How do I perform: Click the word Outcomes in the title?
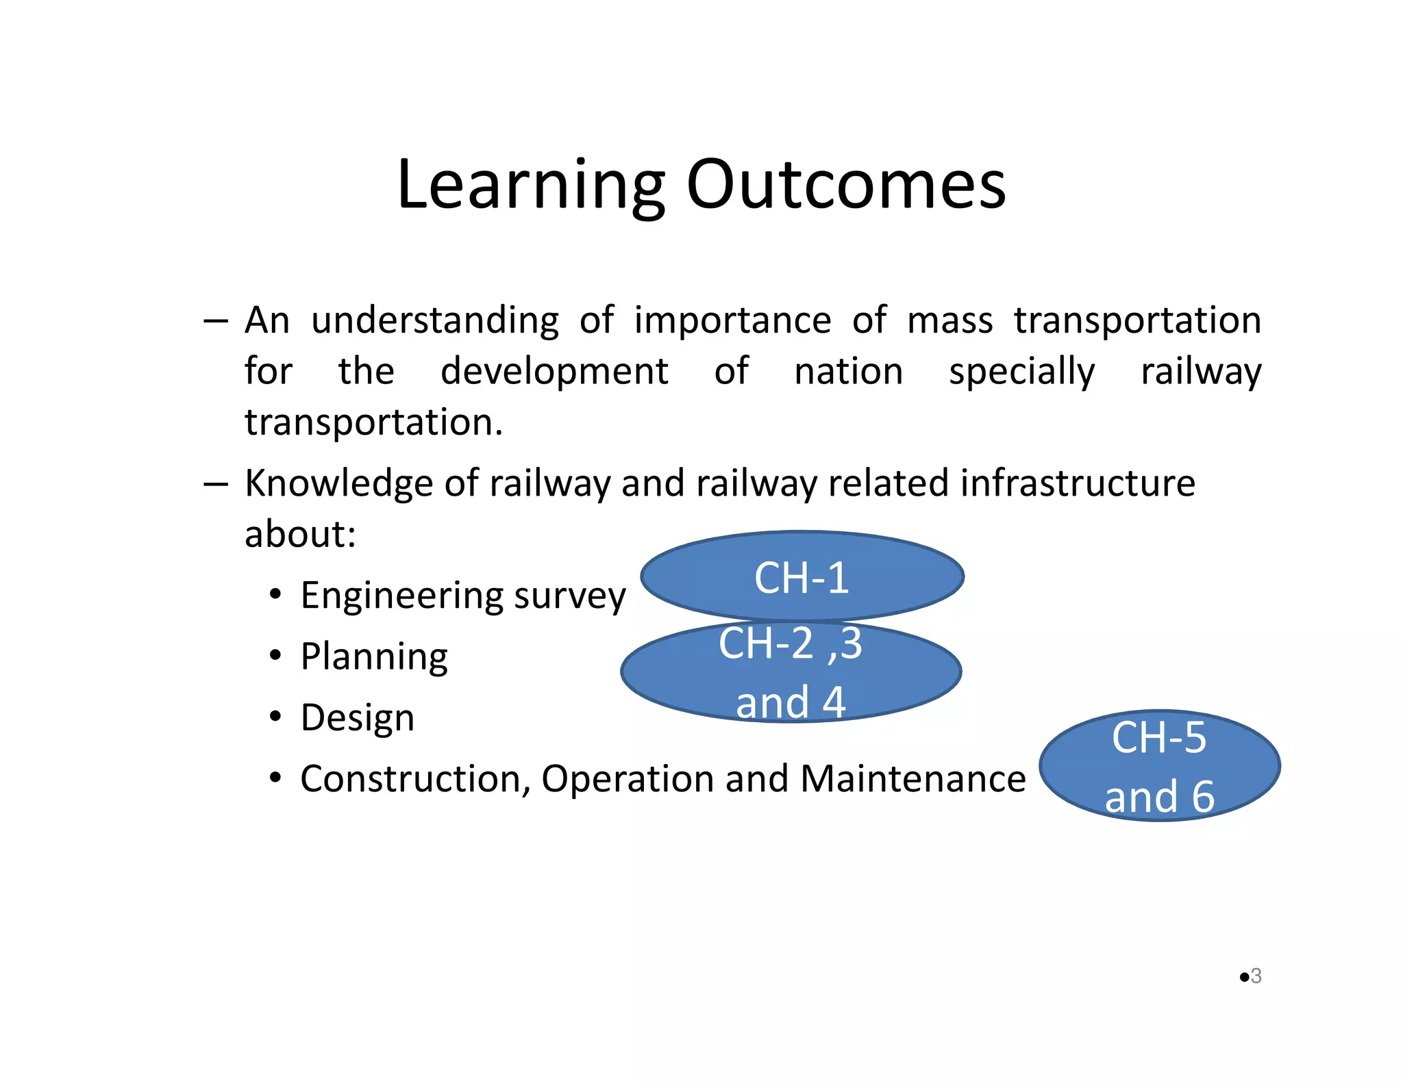point(845,185)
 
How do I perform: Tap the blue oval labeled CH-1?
point(802,576)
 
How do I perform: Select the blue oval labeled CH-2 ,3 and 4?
point(791,672)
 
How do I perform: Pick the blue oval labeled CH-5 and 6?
point(1159,765)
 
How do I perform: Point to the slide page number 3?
point(1256,976)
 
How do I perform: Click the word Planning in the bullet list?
point(374,657)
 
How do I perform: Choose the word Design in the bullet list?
point(357,717)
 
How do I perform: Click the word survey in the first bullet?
point(569,596)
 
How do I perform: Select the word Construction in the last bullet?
point(415,779)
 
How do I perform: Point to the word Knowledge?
point(338,483)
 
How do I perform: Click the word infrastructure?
point(1077,483)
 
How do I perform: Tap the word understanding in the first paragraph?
point(434,320)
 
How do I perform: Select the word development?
point(554,372)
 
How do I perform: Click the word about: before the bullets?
point(300,534)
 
